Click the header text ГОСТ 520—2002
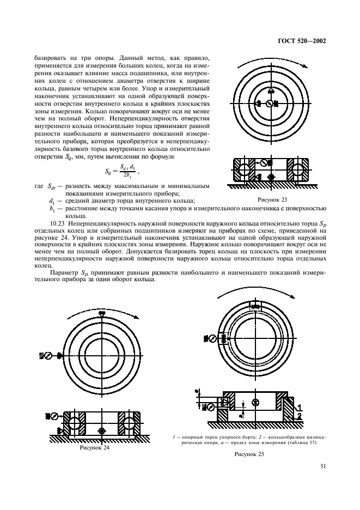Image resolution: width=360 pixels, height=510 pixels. coord(302,41)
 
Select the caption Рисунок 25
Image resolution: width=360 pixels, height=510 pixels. coord(249,454)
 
